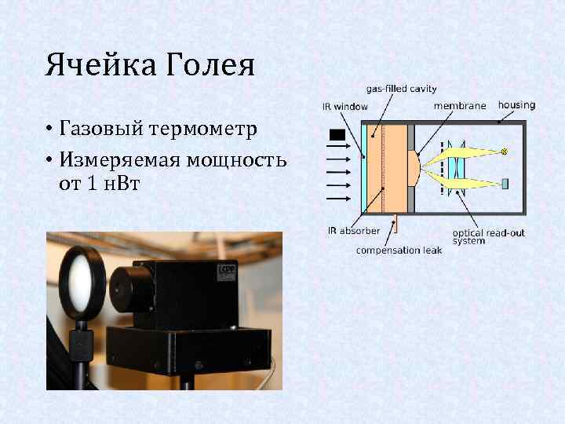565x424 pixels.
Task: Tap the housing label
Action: click(x=516, y=104)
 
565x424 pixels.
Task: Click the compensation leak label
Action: click(x=399, y=250)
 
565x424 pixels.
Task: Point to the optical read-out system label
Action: click(x=488, y=236)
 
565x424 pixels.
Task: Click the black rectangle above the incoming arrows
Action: click(x=338, y=134)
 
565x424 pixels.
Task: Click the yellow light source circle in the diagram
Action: click(x=505, y=150)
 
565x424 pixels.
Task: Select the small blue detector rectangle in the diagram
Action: click(x=505, y=184)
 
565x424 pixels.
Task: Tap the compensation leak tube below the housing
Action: click(x=395, y=224)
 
